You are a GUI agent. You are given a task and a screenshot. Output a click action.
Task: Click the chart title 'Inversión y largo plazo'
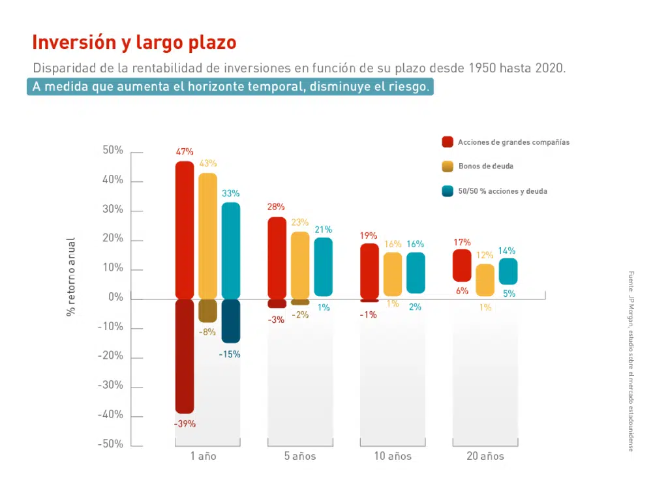click(x=134, y=43)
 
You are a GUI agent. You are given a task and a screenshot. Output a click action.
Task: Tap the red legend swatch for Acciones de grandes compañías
click(x=448, y=142)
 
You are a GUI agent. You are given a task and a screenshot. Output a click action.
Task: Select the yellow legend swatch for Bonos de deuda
click(x=448, y=166)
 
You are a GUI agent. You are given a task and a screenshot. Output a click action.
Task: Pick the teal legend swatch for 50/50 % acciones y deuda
click(x=448, y=191)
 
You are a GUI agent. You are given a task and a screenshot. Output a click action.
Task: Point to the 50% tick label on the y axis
click(x=112, y=151)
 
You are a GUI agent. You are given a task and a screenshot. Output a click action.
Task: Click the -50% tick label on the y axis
click(x=110, y=445)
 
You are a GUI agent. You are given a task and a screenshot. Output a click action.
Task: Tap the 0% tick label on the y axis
click(x=115, y=298)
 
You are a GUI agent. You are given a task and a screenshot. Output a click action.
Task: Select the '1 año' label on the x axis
click(x=204, y=457)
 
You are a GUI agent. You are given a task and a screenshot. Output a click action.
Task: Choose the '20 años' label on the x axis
click(x=485, y=457)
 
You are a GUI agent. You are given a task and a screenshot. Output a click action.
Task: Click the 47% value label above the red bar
click(x=185, y=152)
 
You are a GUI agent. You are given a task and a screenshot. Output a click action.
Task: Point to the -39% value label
click(x=185, y=424)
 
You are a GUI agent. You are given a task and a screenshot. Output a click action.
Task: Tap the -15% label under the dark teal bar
click(x=230, y=355)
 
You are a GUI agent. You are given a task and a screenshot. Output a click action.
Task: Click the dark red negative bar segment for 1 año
click(x=185, y=356)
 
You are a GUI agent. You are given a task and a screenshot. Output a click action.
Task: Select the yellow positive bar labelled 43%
click(x=208, y=235)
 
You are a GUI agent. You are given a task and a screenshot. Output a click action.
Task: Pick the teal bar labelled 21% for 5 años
click(x=324, y=266)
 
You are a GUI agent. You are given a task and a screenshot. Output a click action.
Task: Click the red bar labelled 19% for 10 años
click(x=369, y=271)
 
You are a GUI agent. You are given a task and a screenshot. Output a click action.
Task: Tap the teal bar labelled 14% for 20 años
click(x=508, y=271)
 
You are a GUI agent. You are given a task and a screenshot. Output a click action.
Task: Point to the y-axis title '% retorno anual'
click(x=71, y=277)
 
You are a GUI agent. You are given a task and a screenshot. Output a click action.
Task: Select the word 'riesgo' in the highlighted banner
click(x=409, y=87)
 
